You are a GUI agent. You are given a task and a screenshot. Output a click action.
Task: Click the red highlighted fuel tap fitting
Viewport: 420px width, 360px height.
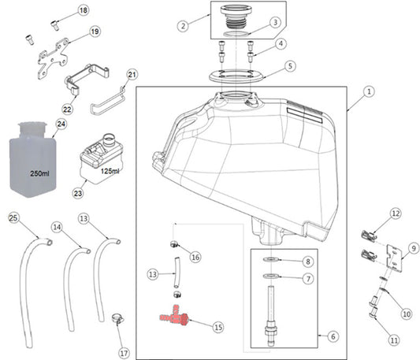click(175, 316)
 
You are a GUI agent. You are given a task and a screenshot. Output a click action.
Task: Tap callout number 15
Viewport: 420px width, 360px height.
click(218, 327)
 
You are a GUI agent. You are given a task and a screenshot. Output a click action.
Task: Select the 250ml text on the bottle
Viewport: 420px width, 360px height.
click(39, 173)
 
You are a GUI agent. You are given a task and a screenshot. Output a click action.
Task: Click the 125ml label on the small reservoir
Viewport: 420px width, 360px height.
click(110, 171)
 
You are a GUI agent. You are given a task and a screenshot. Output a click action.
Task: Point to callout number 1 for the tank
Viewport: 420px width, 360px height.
click(369, 92)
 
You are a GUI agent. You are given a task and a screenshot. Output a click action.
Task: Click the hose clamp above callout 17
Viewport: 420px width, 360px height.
click(118, 318)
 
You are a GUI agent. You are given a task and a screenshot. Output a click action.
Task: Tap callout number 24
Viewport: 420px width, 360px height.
click(61, 124)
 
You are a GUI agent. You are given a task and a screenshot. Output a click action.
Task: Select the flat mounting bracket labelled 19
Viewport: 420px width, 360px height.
click(53, 58)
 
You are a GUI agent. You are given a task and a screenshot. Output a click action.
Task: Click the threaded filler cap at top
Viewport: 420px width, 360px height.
click(236, 17)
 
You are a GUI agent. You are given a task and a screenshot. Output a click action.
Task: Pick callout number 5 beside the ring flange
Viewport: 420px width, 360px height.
click(290, 66)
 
